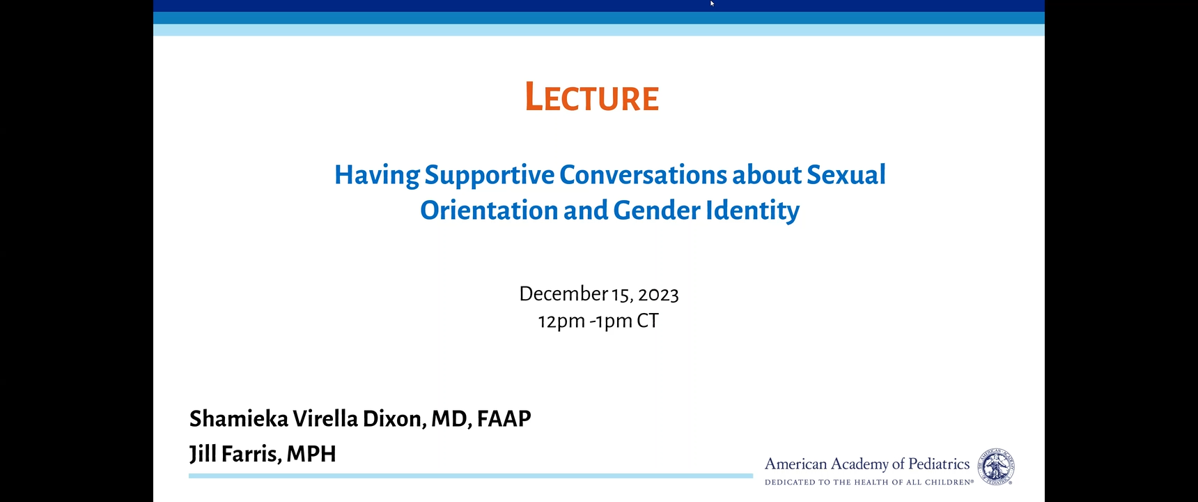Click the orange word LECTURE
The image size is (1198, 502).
point(592,97)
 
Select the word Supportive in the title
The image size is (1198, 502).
point(490,176)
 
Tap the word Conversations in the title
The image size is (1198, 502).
point(643,174)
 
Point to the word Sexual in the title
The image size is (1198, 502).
point(846,174)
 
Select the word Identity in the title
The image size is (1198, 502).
point(753,211)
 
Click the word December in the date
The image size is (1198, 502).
point(563,294)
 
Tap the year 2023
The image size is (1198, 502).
point(658,295)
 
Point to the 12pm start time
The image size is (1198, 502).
point(561,321)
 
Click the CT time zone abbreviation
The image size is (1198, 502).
point(648,321)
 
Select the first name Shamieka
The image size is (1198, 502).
point(239,418)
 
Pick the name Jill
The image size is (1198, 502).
point(203,454)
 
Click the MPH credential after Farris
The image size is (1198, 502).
point(311,454)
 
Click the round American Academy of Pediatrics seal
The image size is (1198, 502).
point(997,466)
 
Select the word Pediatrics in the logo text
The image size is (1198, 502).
point(939,464)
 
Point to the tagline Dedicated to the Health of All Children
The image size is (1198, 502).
point(869,482)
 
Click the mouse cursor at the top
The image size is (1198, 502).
point(712,3)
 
